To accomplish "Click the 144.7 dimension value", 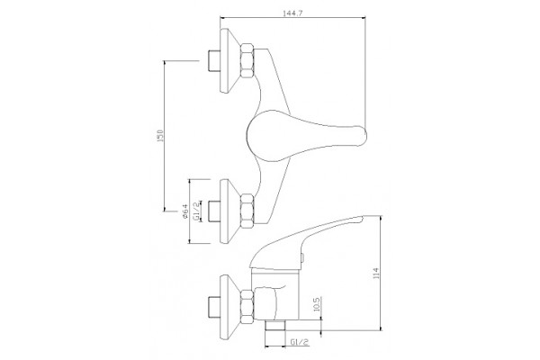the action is pos(292,13).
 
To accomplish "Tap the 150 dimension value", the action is pos(160,136).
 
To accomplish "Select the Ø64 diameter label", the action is pos(184,211).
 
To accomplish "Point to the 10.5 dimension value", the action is pos(317,304).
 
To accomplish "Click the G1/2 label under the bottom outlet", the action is pos(300,342).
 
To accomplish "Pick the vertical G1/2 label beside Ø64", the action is pos(196,211).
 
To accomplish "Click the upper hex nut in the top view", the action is pos(247,60).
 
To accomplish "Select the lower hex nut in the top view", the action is pos(247,211).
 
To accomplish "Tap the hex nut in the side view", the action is pos(247,307).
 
